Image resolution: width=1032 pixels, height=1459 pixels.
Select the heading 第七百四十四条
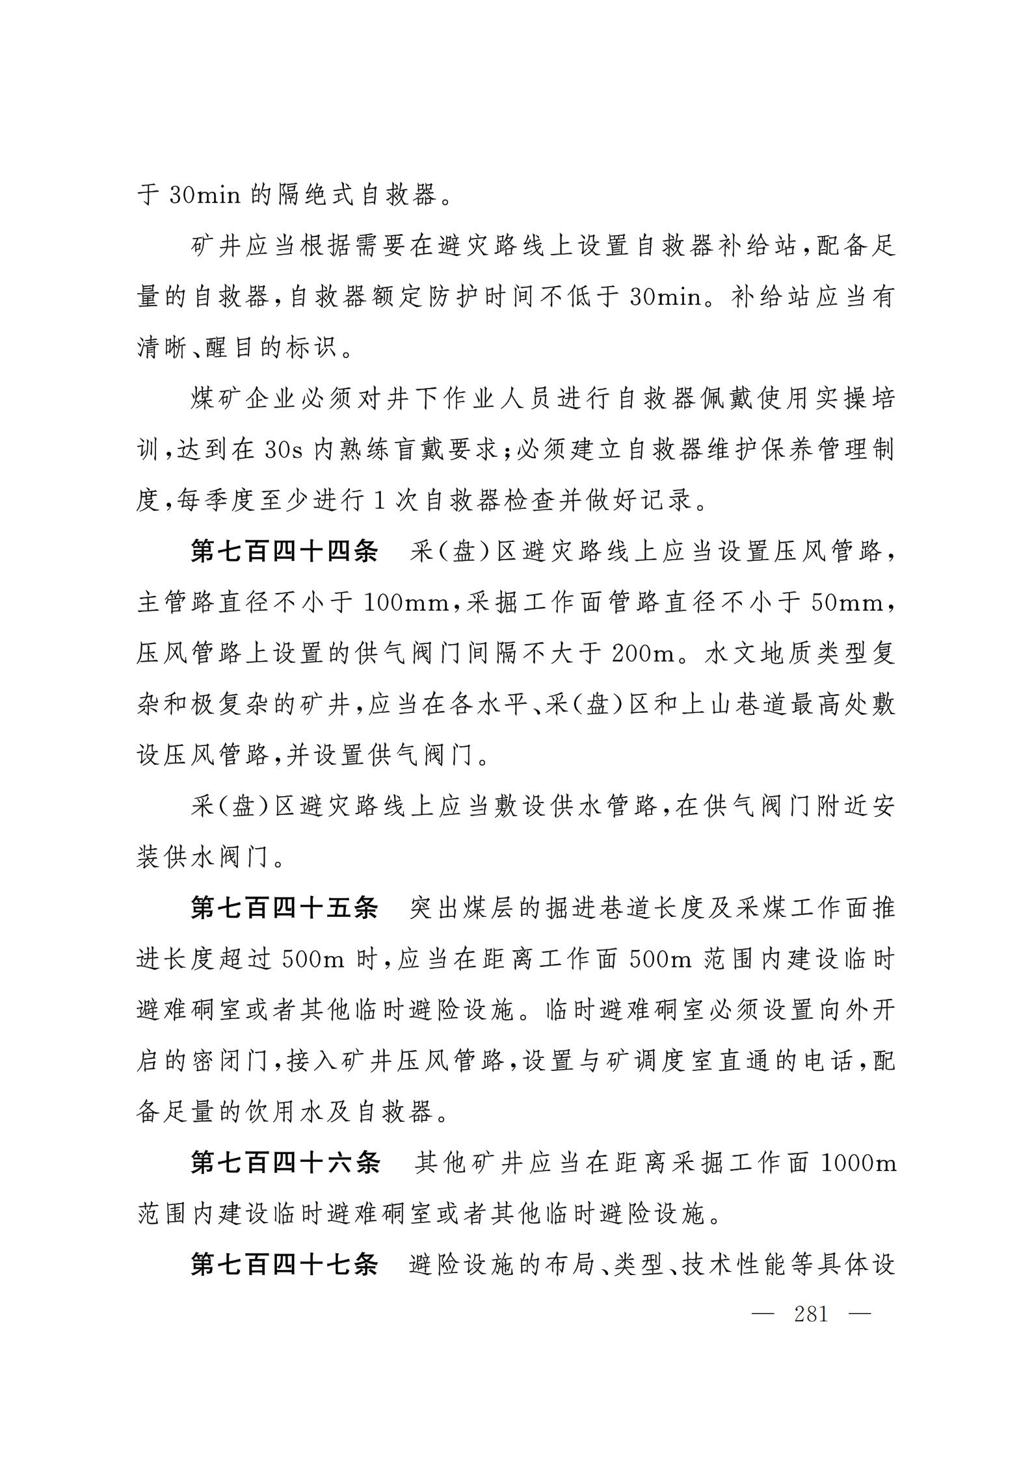click(x=284, y=552)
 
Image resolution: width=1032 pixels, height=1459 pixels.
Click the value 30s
click(x=284, y=450)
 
